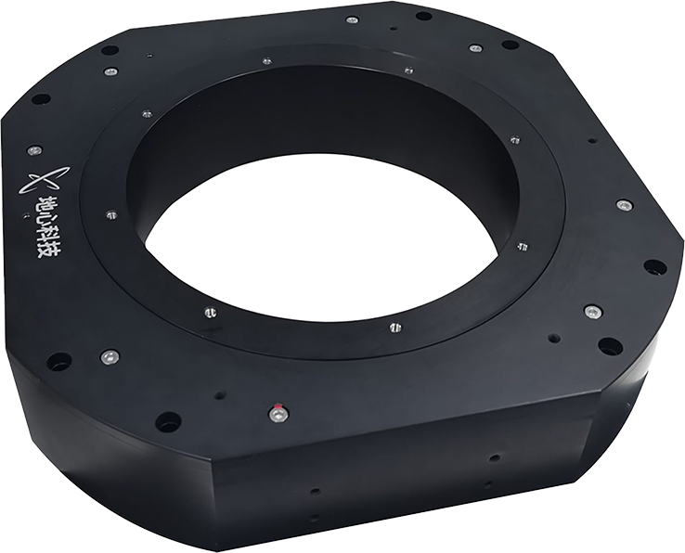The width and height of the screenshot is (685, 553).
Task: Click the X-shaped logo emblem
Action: click(x=44, y=180)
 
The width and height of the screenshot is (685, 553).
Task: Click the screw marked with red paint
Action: click(x=277, y=412)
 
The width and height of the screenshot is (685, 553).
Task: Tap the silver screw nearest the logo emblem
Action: click(x=34, y=150)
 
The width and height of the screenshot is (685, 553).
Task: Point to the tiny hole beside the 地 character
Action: click(x=26, y=214)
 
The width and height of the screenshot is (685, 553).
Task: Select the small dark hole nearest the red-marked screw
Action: click(x=219, y=396)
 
